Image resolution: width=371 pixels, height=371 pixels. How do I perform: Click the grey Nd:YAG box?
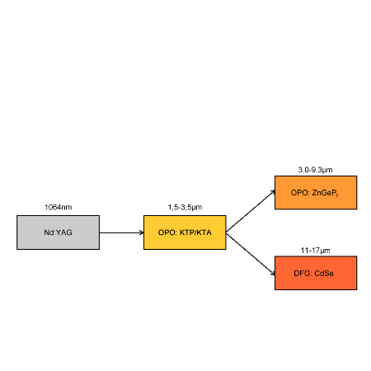[x=58, y=232]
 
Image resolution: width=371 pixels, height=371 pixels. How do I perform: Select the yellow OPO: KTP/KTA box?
[x=185, y=232]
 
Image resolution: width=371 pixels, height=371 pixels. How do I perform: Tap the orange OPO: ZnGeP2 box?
[x=316, y=193]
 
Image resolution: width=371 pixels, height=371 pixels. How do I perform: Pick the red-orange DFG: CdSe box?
[x=316, y=273]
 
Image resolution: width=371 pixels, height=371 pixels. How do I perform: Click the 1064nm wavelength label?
[x=59, y=207]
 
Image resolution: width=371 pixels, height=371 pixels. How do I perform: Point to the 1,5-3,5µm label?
[x=185, y=207]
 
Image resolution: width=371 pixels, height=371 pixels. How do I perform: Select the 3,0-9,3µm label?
[x=315, y=170]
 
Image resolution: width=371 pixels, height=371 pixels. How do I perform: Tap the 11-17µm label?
[x=315, y=251]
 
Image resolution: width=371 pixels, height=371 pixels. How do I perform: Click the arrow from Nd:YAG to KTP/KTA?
[x=121, y=232]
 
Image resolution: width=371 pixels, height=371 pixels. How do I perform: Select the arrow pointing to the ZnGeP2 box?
[x=251, y=211]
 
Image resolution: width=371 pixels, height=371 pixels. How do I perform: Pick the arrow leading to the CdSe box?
[x=251, y=254]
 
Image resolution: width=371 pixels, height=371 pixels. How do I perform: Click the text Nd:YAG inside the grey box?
[x=58, y=232]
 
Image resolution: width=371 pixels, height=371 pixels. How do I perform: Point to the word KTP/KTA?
[x=195, y=232]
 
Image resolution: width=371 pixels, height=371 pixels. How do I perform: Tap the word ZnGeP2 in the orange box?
[x=325, y=193]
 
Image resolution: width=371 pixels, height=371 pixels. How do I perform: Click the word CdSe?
[x=324, y=274]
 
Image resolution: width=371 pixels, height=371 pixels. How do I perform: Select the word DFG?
[x=303, y=274]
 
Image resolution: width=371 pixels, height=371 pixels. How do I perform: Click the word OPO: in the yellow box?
[x=167, y=232]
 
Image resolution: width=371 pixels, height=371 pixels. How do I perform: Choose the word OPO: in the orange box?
[x=300, y=193]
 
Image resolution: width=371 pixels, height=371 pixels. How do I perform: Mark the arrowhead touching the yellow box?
[x=142, y=232]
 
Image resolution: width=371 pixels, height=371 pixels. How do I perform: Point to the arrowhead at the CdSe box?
[x=273, y=273]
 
